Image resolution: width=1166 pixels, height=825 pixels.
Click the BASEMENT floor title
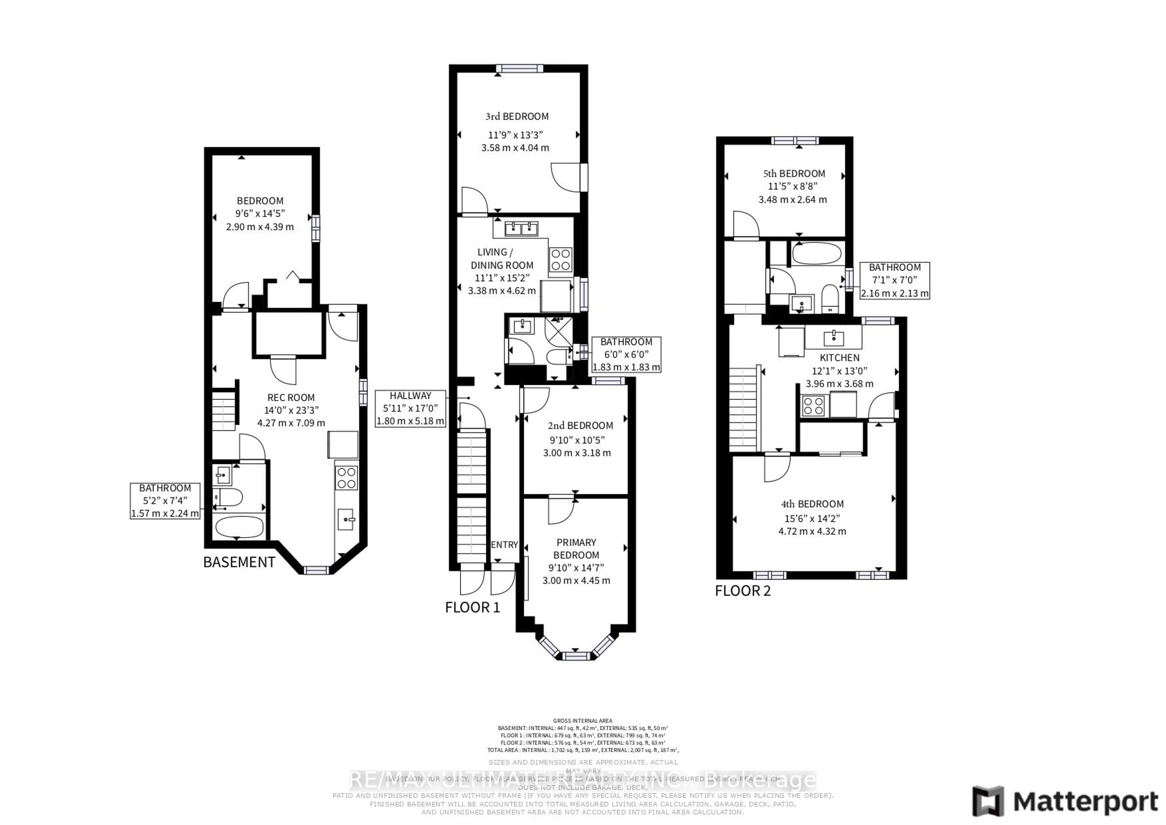[x=239, y=562]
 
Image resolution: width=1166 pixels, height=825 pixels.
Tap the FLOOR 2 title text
[x=743, y=591]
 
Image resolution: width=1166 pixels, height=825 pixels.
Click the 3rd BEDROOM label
[x=517, y=116]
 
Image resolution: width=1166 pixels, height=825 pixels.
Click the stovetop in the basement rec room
[x=346, y=478]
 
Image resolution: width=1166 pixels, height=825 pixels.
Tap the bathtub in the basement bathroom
[x=239, y=527]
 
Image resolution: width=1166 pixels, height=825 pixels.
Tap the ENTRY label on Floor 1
[x=504, y=544]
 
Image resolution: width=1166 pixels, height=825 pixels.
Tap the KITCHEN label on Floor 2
[x=839, y=358]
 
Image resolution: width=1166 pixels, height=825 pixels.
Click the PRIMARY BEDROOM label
[x=576, y=549]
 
